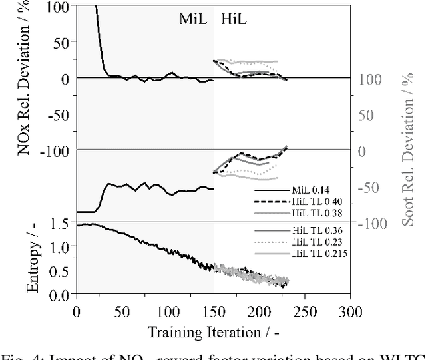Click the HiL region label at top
(x=232, y=19)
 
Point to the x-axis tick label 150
(x=214, y=311)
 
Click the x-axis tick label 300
(x=352, y=311)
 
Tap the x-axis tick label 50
(x=122, y=311)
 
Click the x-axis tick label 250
(x=306, y=311)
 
